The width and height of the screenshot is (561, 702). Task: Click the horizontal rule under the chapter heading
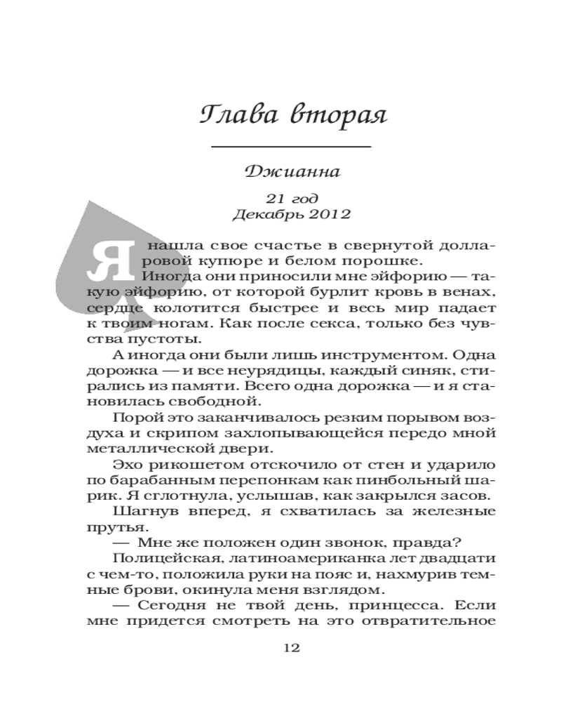point(290,147)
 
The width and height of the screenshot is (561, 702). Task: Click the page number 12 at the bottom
point(290,647)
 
